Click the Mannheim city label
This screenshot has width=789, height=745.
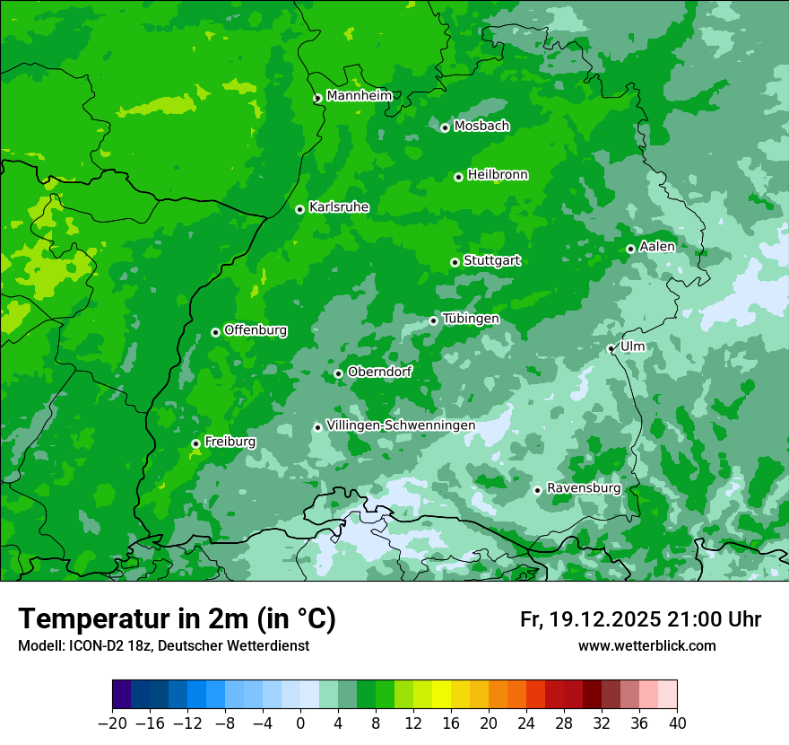pyautogui.click(x=359, y=95)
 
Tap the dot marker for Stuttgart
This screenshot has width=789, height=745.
pyautogui.click(x=455, y=262)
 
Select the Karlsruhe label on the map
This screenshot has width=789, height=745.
pyautogui.click(x=338, y=207)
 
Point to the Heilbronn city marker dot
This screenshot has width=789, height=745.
pyautogui.click(x=458, y=177)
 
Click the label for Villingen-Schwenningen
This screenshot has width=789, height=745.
pyautogui.click(x=401, y=425)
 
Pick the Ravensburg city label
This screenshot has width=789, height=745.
pyautogui.click(x=583, y=488)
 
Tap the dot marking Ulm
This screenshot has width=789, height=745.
pyautogui.click(x=611, y=348)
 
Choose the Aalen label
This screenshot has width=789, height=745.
pyautogui.click(x=657, y=247)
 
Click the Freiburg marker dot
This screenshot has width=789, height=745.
pyautogui.click(x=195, y=443)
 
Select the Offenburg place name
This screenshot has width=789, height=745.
pyautogui.click(x=256, y=330)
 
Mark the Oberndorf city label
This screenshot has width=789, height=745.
pyautogui.click(x=379, y=372)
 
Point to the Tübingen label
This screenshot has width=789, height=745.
pyautogui.click(x=471, y=319)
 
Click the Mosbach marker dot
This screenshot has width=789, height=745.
pyautogui.click(x=445, y=127)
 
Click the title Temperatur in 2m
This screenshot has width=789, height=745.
pyautogui.click(x=177, y=619)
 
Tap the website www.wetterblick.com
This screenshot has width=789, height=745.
pyautogui.click(x=646, y=645)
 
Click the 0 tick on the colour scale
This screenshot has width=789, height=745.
pyautogui.click(x=300, y=723)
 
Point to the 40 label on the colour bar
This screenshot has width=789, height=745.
pyautogui.click(x=677, y=723)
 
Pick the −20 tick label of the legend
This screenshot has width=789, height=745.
pyautogui.click(x=112, y=723)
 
